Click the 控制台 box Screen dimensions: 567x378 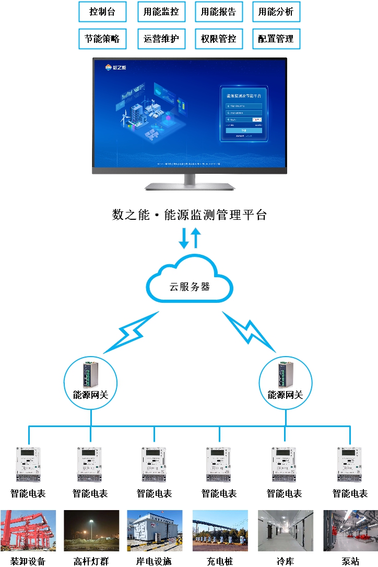(102, 12)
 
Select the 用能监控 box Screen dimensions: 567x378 (161, 12)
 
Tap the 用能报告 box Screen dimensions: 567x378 (218, 12)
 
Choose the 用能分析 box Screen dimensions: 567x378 (276, 12)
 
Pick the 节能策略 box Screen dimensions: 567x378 (102, 39)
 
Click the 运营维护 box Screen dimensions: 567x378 (161, 39)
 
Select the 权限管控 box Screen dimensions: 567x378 (218, 39)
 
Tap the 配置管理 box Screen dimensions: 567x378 (276, 39)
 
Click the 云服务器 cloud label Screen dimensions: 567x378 (190, 286)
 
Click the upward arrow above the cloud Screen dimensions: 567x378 (195, 237)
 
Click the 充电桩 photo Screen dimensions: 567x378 (220, 530)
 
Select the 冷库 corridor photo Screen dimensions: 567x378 (286, 530)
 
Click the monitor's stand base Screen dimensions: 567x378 (190, 186)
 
